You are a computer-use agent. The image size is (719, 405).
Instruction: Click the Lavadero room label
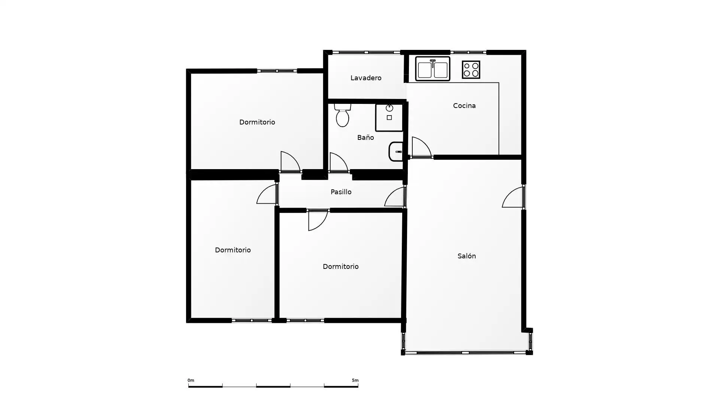(366, 78)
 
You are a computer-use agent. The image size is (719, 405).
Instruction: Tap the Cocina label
(464, 106)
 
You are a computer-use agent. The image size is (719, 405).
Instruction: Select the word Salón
(467, 256)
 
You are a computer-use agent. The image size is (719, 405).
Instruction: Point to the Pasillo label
(341, 192)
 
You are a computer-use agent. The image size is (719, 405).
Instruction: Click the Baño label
(365, 138)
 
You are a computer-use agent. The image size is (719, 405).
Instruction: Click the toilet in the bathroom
(342, 115)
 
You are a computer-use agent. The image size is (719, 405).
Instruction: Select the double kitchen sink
(433, 69)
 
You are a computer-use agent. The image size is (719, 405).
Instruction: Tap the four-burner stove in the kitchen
(471, 70)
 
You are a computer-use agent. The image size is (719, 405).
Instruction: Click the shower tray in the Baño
(389, 118)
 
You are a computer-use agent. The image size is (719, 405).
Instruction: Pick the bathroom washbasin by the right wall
(396, 151)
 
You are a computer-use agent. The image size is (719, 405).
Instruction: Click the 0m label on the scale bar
(191, 380)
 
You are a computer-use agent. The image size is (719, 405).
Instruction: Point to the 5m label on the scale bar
(355, 380)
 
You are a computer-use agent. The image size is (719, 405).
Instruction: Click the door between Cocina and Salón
(422, 147)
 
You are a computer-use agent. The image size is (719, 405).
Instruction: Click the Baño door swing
(339, 162)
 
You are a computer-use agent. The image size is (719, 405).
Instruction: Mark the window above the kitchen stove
(468, 52)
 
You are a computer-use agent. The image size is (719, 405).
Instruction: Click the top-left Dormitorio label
(257, 122)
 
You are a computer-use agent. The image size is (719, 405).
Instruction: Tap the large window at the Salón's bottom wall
(465, 352)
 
